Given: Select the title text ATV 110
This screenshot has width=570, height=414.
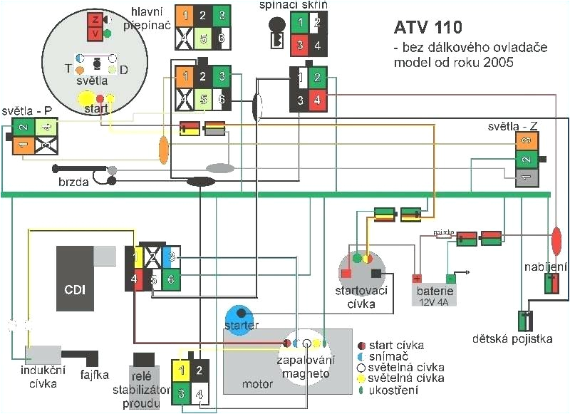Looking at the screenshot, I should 427,28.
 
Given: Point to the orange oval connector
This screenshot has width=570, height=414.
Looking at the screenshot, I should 163,148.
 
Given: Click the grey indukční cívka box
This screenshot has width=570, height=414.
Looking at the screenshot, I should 41,353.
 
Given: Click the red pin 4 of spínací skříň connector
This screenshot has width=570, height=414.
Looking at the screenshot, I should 318,99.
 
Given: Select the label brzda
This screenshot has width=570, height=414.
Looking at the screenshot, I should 73,182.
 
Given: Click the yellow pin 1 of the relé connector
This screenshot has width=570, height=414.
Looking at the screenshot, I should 182,371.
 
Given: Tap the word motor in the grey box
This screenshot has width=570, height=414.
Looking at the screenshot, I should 257,383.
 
